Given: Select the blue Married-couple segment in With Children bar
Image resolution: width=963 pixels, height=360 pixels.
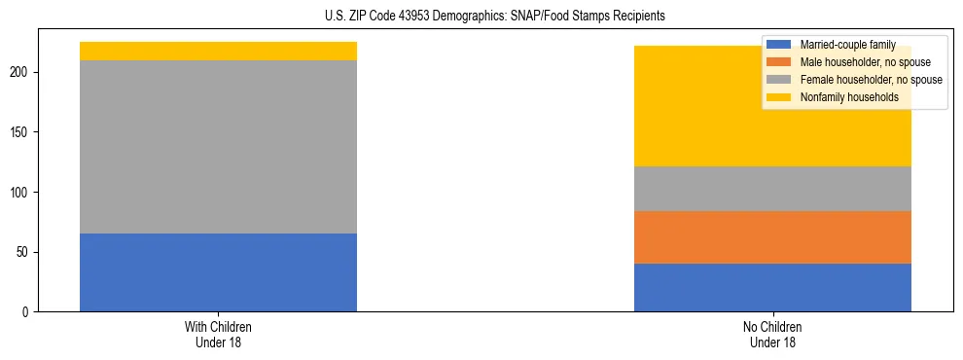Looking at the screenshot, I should pyautogui.click(x=218, y=272).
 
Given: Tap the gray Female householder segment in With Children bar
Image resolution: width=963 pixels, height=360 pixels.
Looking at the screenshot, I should pyautogui.click(x=218, y=146).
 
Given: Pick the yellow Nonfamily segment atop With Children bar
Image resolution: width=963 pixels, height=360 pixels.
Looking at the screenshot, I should pyautogui.click(x=218, y=51).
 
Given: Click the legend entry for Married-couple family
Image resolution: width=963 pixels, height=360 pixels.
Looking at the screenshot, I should pyautogui.click(x=843, y=45).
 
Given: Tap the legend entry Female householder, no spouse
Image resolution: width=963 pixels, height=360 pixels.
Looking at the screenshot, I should pyautogui.click(x=869, y=80).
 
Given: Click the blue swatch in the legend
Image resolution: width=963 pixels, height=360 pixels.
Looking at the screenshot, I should pyautogui.click(x=779, y=45).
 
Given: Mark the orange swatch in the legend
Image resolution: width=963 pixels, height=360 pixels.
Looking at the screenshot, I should pyautogui.click(x=779, y=62).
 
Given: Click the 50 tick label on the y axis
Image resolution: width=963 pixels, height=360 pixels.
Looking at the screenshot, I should pyautogui.click(x=25, y=252).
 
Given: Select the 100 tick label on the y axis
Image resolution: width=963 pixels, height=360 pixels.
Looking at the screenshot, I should pyautogui.click(x=22, y=193).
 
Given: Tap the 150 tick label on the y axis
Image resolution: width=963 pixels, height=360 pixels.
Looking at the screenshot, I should pyautogui.click(x=22, y=132).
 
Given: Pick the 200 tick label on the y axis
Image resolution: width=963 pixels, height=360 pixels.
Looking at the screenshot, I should pyautogui.click(x=22, y=73).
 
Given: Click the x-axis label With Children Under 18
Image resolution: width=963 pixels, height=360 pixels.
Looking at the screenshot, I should pyautogui.click(x=218, y=335).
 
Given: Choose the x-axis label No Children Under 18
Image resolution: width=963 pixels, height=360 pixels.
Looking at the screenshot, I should pyautogui.click(x=772, y=335).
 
